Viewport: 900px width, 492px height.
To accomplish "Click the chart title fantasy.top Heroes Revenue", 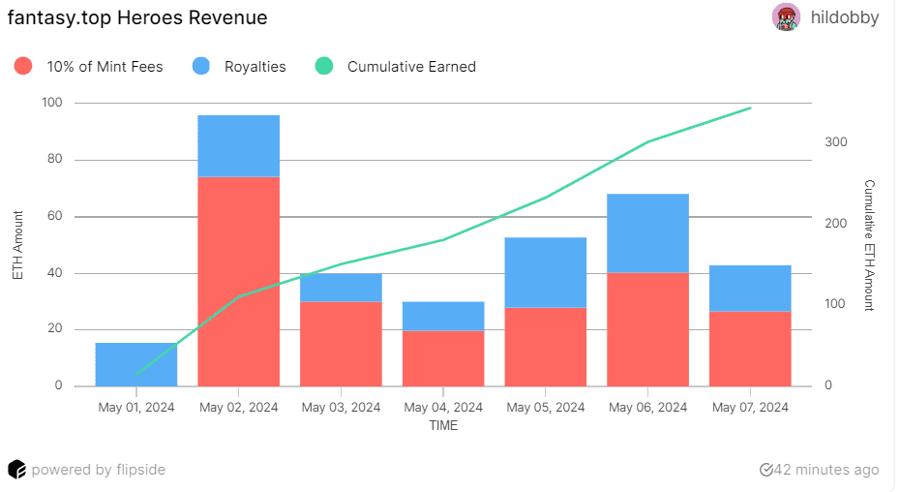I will pos(137,17).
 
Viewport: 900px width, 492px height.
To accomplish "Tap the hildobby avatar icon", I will pos(786,17).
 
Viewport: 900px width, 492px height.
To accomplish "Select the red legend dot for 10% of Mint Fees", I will pos(24,67).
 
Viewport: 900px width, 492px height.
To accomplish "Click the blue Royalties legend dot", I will pos(201,67).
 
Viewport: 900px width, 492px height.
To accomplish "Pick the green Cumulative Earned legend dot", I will pos(324,67).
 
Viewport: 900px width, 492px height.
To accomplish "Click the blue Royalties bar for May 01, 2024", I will pos(136,364).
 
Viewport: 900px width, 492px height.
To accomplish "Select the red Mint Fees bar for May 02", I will pos(238,281).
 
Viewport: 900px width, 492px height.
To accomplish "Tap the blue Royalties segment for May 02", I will pos(238,146).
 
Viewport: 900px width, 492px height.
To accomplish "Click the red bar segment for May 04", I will pos(443,358).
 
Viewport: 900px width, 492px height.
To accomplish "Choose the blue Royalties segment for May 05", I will pos(546,272).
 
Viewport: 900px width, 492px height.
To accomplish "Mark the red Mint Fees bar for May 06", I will pos(648,329).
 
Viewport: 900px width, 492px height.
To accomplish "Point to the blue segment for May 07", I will pos(750,288).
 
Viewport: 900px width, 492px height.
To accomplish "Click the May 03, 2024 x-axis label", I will pos(341,408).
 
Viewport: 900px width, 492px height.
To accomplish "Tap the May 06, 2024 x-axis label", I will pos(648,408).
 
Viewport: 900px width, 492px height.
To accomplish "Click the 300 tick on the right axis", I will pos(835,142).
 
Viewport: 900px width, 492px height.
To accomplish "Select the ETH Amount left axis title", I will pos(17,244).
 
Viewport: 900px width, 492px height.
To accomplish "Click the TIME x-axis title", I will pos(443,425).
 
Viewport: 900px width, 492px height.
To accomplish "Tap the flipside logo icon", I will pos(16,470).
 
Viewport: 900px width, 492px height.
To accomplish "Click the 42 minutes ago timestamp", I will pos(820,470).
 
